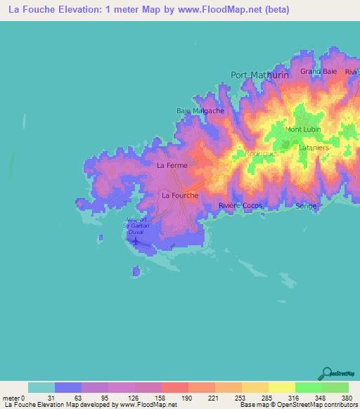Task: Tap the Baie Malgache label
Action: (200, 111)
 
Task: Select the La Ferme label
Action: (172, 166)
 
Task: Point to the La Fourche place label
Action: (180, 195)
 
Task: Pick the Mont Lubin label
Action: (304, 130)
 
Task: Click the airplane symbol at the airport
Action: (135, 243)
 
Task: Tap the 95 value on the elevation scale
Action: (94, 398)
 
